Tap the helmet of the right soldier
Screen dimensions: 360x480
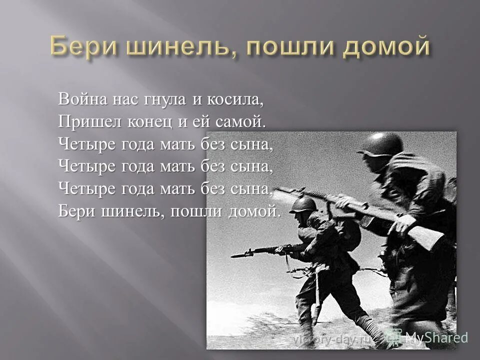pyautogui.click(x=381, y=144)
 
